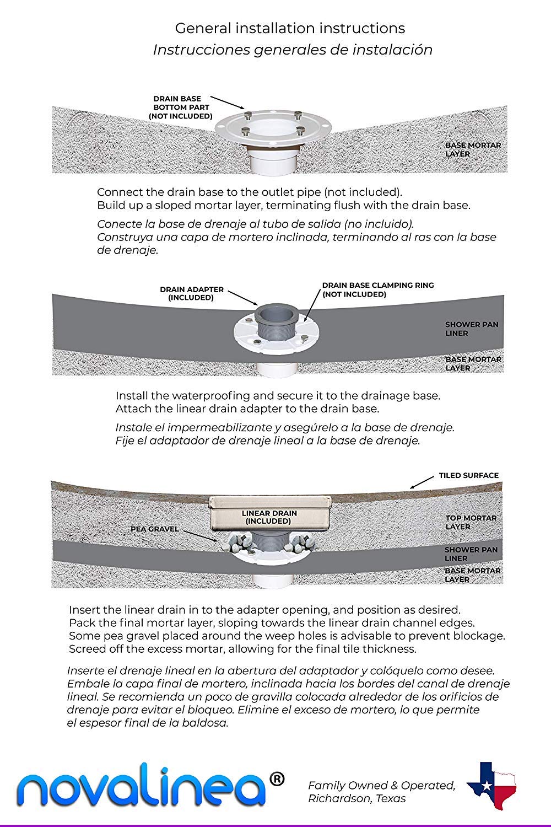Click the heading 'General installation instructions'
point(290,28)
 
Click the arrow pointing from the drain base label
point(228,101)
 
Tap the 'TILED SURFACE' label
point(468,475)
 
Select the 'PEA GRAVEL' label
point(154,529)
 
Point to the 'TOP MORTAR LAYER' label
point(471,522)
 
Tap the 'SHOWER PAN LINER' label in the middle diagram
point(464,329)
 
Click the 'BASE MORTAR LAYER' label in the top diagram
point(473,149)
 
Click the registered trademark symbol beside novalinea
point(278,778)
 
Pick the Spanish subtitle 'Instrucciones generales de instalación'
point(292,50)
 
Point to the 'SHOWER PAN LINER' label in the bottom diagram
point(471,554)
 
